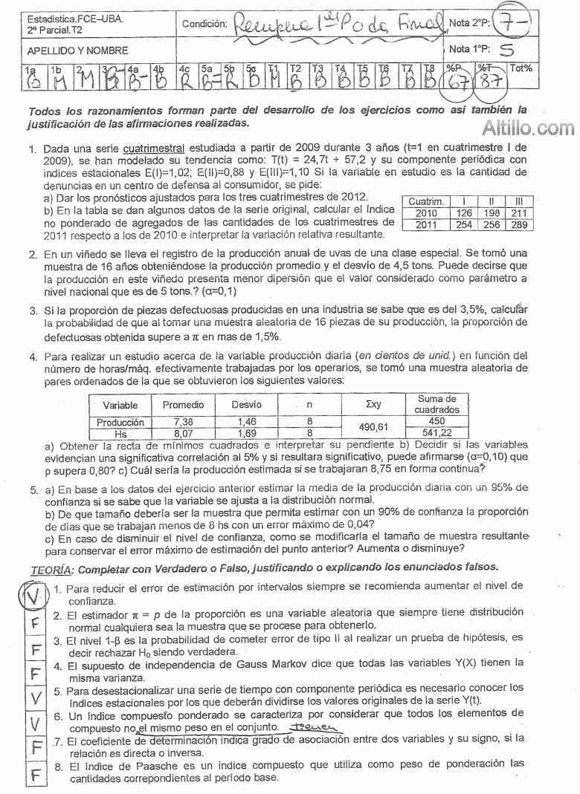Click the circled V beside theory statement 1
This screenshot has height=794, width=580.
[32, 596]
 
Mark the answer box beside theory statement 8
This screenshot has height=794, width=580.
[34, 773]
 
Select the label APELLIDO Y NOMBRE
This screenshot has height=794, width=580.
[77, 51]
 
